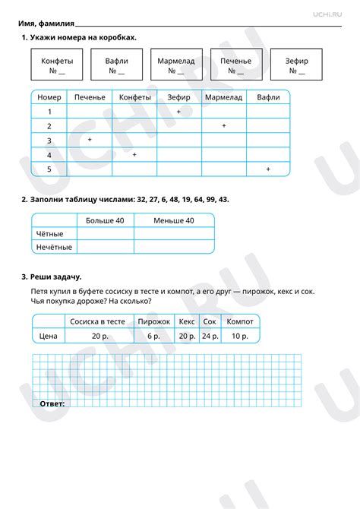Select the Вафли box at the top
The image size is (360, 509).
pyautogui.click(x=116, y=65)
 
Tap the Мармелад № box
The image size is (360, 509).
pyautogui.click(x=175, y=65)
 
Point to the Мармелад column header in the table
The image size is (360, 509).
pyautogui.click(x=223, y=97)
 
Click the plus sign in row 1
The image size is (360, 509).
pyautogui.click(x=178, y=112)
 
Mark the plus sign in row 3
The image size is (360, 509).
pyautogui.click(x=90, y=141)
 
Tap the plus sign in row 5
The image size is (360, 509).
pyautogui.click(x=268, y=169)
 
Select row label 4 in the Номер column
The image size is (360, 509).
pyautogui.click(x=49, y=155)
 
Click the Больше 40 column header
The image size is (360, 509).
pyautogui.click(x=105, y=220)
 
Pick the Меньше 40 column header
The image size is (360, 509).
pyautogui.click(x=174, y=220)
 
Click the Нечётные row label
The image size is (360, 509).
pyautogui.click(x=55, y=247)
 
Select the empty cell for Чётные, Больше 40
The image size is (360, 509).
pyautogui.click(x=105, y=234)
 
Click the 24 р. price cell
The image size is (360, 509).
pyautogui.click(x=210, y=335)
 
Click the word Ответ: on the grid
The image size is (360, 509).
pyautogui.click(x=51, y=403)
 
